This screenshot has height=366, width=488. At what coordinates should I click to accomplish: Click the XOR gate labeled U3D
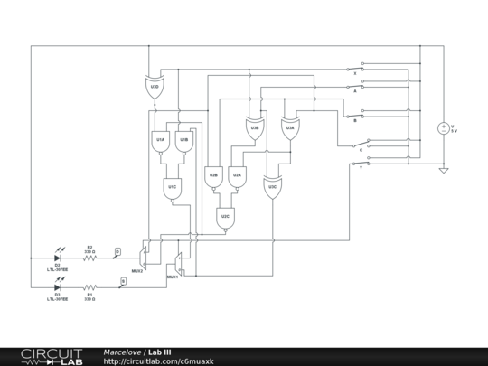pyautogui.click(x=155, y=87)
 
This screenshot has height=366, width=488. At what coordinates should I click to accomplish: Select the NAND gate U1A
pyautogui.click(x=160, y=142)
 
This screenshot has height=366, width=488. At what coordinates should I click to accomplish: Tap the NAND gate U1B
pyautogui.click(x=183, y=142)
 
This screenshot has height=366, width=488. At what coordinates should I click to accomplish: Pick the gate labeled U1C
pyautogui.click(x=172, y=189)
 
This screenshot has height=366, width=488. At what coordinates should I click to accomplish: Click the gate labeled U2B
pyautogui.click(x=213, y=176)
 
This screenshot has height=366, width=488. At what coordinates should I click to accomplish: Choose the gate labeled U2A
pyautogui.click(x=237, y=176)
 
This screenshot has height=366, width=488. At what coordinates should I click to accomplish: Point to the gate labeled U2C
pyautogui.click(x=225, y=218)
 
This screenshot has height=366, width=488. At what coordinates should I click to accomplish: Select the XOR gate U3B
pyautogui.click(x=255, y=129)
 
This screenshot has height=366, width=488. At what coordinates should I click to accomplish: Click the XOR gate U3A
pyautogui.click(x=290, y=129)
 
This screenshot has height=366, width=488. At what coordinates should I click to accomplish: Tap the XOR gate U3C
pyautogui.click(x=272, y=188)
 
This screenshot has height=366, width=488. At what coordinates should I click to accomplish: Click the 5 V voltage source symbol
pyautogui.click(x=443, y=128)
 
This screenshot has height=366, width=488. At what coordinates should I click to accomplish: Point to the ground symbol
pyautogui.click(x=443, y=169)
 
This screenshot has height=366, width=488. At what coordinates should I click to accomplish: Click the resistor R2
pyautogui.click(x=89, y=258)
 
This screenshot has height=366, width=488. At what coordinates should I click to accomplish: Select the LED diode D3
pyautogui.click(x=57, y=287)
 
